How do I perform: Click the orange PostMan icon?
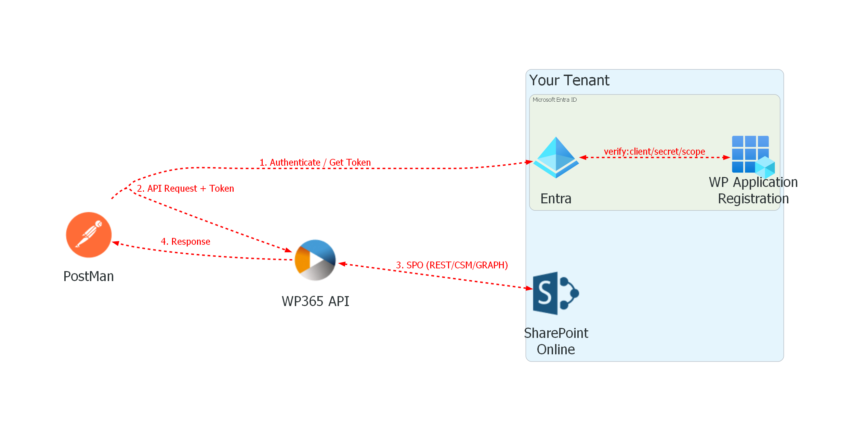(89, 235)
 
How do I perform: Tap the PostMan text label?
(89, 276)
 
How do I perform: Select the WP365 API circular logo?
(315, 260)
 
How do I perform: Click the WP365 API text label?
(315, 301)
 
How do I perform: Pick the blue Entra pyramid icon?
(556, 157)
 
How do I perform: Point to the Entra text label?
(556, 199)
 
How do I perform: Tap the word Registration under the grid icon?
(753, 199)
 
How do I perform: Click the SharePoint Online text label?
(556, 341)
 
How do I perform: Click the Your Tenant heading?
(569, 80)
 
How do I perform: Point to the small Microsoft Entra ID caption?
(554, 100)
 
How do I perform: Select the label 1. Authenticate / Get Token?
(315, 162)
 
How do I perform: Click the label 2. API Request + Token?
(185, 188)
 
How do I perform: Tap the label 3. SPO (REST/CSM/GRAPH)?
(451, 265)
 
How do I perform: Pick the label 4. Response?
(185, 241)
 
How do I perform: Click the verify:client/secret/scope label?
(654, 151)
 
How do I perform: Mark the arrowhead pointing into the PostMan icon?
(116, 243)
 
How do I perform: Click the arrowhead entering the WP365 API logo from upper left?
(288, 251)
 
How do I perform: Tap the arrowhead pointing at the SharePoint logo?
(529, 288)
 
